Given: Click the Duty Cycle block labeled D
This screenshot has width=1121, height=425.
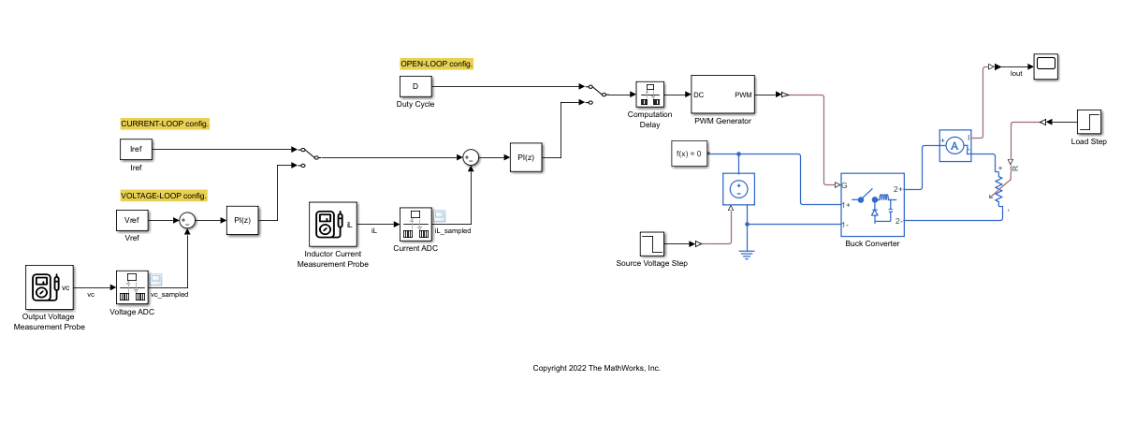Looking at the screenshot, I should point(415,87).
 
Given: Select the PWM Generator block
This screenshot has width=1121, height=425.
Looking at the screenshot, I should point(722,95).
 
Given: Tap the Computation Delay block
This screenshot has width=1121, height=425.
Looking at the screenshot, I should point(649,95).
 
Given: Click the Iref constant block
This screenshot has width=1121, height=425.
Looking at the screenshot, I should point(136,150).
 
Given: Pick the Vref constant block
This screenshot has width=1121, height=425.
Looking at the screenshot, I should point(131,221).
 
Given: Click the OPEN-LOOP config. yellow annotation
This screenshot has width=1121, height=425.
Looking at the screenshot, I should point(436,64).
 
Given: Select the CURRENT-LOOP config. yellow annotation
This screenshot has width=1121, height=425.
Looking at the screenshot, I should point(165,124).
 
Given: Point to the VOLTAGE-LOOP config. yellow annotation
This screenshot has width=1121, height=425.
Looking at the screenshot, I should point(163,196).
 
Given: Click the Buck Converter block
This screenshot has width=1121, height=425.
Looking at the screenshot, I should point(871,205).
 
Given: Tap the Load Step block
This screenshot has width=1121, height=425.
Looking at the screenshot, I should point(1088,122).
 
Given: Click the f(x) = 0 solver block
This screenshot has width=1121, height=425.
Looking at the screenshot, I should point(688,153).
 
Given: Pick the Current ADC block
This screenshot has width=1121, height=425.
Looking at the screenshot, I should point(415,224).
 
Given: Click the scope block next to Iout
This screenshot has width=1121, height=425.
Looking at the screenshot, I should point(1046,65).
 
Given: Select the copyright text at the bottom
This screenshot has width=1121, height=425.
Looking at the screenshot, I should point(596,368).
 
